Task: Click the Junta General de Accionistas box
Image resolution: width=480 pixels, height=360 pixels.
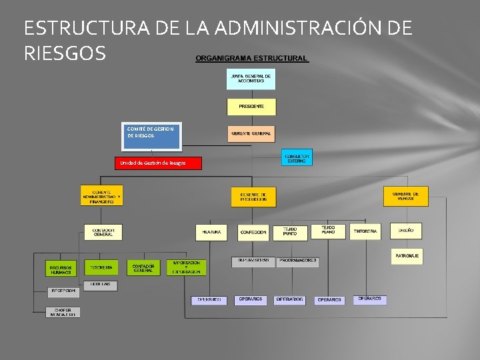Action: [x=251, y=79]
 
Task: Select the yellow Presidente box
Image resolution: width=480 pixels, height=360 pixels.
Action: [x=251, y=107]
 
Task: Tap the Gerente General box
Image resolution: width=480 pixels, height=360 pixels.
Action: [x=251, y=133]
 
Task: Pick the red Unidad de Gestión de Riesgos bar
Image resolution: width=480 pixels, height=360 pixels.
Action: [x=157, y=163]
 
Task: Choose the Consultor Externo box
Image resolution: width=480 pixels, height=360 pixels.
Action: [x=297, y=157]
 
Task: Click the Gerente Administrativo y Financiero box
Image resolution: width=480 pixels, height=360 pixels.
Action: [x=101, y=195]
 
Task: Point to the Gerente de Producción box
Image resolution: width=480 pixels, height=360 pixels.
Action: [x=253, y=197]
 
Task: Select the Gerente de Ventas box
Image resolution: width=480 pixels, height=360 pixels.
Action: [x=405, y=196]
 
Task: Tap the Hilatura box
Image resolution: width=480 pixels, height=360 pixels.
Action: [x=211, y=232]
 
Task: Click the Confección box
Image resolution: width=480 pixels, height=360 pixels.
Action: [x=253, y=232]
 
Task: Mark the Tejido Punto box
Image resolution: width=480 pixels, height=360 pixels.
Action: [x=290, y=232]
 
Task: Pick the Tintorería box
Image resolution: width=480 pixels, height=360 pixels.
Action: [x=365, y=231]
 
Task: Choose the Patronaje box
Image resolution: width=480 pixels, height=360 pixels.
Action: [x=407, y=256]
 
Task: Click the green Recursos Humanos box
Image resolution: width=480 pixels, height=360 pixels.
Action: [x=61, y=269]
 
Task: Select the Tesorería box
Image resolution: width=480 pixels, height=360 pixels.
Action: [x=101, y=267]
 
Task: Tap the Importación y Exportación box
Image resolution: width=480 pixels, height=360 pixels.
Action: [x=186, y=267]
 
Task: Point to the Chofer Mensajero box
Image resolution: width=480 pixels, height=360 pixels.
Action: [x=63, y=311]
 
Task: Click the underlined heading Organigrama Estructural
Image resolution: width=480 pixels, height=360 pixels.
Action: [x=251, y=59]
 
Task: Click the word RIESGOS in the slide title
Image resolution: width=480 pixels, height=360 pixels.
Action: [x=65, y=53]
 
